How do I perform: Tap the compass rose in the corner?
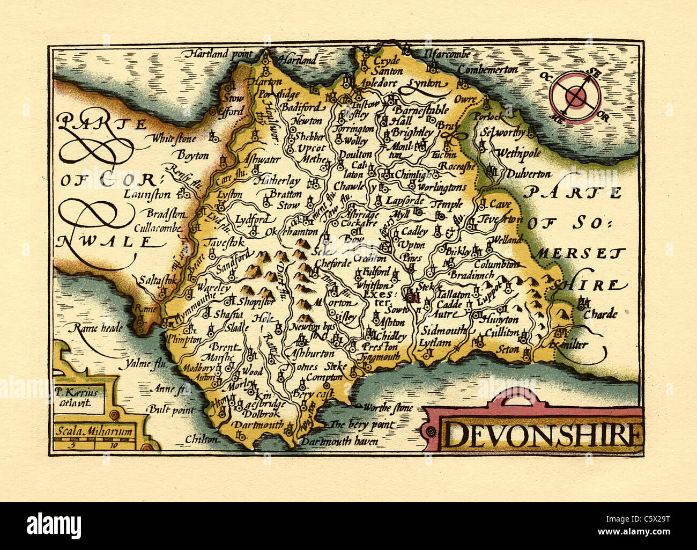point(576,97)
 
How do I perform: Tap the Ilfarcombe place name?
point(446,54)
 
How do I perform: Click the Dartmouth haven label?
point(339,442)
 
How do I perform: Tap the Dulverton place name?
point(529,174)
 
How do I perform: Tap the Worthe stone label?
point(388,408)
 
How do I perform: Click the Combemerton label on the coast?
point(487,70)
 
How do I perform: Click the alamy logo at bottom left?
point(54,524)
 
